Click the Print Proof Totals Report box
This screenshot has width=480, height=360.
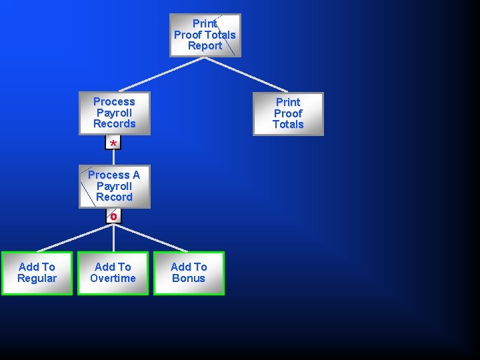[x=205, y=35]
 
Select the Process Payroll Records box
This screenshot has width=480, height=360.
[x=114, y=113]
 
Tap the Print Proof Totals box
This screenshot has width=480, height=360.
[x=288, y=114]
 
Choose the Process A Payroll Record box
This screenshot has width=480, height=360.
[x=114, y=187]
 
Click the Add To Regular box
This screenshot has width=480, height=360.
[x=37, y=273]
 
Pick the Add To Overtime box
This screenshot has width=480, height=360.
[x=113, y=273]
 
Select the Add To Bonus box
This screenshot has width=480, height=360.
[x=189, y=273]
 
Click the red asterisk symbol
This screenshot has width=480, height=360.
[x=113, y=143]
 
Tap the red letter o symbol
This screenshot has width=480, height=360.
[x=113, y=216]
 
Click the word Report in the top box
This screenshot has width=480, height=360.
[x=205, y=46]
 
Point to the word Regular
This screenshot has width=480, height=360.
[x=37, y=279]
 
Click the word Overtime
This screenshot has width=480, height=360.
[x=113, y=279]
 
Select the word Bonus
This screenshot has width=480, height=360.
[x=189, y=279]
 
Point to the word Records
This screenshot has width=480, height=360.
[x=114, y=124]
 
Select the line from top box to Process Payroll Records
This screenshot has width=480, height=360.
[x=161, y=74]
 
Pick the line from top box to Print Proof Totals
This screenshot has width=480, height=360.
[x=246, y=74]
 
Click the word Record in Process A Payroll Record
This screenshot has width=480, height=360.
[x=114, y=197]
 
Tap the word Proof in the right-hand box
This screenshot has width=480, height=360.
[x=288, y=113]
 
